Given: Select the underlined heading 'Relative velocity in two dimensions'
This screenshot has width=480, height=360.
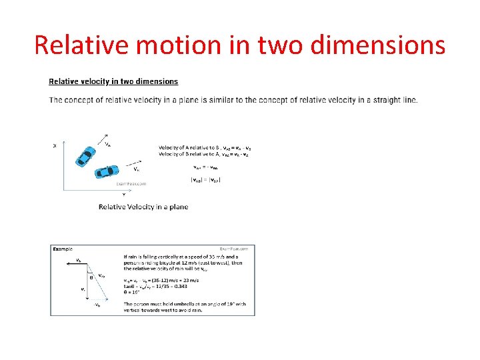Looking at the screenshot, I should point(113,81).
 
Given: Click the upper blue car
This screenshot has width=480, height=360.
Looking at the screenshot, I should point(86,155).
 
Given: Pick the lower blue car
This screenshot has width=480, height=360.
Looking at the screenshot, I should point(105,172).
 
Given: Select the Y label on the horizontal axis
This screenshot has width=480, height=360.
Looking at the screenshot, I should point(124,195).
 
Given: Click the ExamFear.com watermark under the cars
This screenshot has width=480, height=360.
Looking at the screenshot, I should point(131,183).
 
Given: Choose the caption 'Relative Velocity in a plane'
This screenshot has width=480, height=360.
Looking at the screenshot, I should point(143,207).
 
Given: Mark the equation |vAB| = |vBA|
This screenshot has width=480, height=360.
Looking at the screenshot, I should point(206,178).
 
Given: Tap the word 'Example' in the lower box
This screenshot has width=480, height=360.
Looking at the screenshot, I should point(62,249).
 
